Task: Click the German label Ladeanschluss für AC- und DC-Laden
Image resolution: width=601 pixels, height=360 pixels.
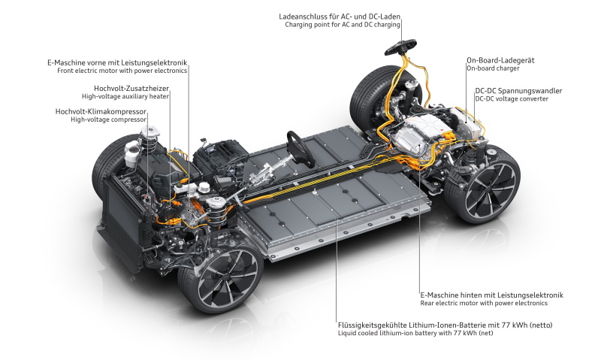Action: pos(340,17)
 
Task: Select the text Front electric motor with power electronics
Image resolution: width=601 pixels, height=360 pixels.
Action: pos(122,71)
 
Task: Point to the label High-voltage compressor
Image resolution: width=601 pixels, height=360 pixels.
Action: pos(108,119)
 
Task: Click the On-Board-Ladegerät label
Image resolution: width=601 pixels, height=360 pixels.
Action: pos(500,60)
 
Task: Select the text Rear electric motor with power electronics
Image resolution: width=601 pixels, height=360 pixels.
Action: pos(484,304)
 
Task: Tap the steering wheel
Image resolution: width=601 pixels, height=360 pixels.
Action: pos(300,149)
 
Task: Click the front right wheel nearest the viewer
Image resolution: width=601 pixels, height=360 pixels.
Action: pos(220,276)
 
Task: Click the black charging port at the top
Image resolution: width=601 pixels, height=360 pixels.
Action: pos(400,47)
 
